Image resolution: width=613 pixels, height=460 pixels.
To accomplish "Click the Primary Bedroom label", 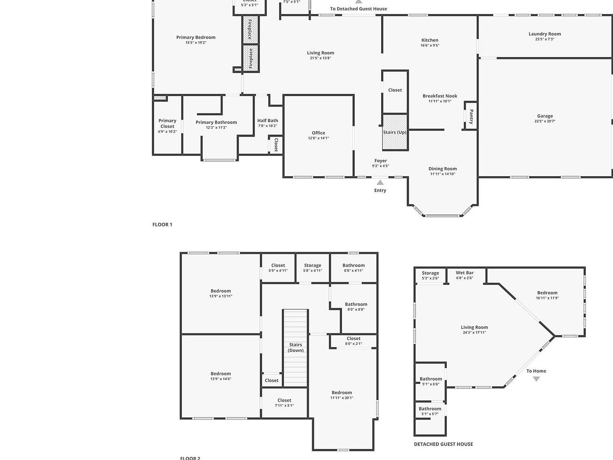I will coord(196,38).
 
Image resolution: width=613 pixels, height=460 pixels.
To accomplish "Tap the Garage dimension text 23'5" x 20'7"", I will coord(545,121).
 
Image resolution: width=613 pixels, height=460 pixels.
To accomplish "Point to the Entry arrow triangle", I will coord(380,182).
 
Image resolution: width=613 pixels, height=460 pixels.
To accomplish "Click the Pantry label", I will coord(471,116).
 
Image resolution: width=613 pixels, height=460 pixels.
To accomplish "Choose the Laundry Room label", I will coord(544,34).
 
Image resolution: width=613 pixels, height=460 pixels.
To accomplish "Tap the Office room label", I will coord(318,133).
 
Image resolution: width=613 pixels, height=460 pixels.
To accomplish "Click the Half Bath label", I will coord(267,121).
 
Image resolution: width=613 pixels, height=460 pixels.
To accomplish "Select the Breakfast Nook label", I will coord(440,96).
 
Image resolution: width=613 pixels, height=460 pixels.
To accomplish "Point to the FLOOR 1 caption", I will coord(162,224).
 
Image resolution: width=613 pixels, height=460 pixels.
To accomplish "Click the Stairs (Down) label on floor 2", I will coord(296,347).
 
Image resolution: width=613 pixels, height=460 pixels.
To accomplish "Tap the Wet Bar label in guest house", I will coord(465,273).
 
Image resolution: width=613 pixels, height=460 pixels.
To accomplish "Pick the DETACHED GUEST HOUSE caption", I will coord(443,444).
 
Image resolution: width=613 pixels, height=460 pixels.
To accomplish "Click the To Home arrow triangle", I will coord(536,379).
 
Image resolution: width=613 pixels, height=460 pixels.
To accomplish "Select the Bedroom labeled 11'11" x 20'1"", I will coord(342,393).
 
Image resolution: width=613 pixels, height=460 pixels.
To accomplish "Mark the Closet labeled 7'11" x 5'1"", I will coord(284,400).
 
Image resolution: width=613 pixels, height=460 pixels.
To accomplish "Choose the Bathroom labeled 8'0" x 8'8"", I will coord(356,304).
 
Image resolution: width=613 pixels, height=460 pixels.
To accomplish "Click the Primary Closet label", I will coord(167,123).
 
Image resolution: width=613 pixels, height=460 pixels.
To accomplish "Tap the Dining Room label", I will coord(443,169).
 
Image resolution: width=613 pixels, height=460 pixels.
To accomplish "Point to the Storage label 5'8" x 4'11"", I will coord(312,265).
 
